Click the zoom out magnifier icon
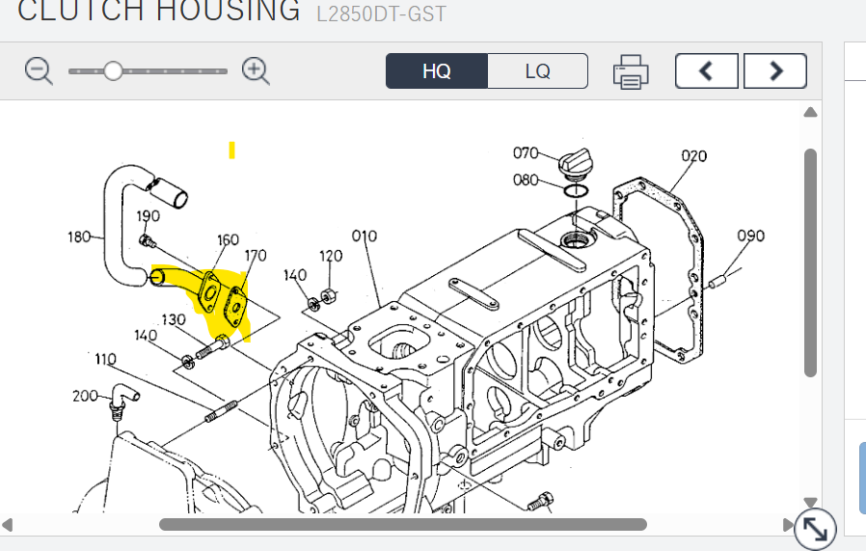point(39,71)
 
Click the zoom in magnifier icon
point(256,71)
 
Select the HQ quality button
point(436,70)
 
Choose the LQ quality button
point(537,70)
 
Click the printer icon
point(631,71)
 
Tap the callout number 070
point(526,152)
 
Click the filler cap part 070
point(576,163)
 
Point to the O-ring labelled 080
point(576,191)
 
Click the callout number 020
point(693,156)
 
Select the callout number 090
point(750,236)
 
